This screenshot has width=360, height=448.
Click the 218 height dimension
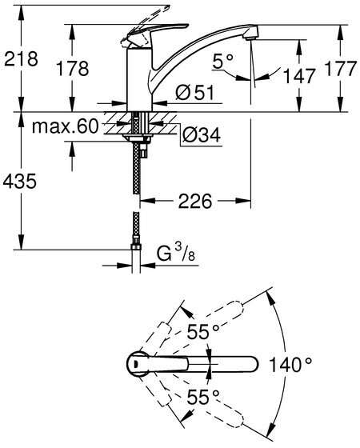[21, 59]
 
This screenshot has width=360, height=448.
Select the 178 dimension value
[72, 69]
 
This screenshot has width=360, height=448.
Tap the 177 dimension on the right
[341, 68]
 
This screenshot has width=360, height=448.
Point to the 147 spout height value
[299, 76]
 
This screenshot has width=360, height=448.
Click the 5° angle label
[223, 61]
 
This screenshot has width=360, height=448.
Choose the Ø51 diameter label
[195, 93]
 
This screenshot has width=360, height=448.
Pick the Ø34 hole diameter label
[201, 134]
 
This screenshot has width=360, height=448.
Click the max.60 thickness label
[65, 126]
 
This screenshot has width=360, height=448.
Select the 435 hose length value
[20, 181]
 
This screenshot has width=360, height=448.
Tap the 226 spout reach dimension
[195, 201]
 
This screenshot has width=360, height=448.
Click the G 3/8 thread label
[176, 253]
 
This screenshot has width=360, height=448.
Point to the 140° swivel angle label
[290, 365]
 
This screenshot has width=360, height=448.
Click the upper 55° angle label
[203, 332]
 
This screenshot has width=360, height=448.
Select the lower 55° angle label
[203, 397]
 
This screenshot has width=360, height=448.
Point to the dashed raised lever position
[146, 23]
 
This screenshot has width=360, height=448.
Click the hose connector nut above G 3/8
[136, 247]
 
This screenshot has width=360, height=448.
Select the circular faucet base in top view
[138, 364]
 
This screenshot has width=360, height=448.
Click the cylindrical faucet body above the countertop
[139, 79]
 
